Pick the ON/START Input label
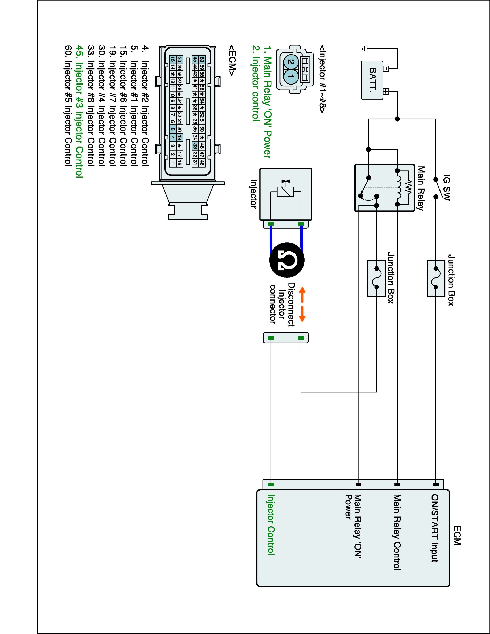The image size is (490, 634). coord(435,528)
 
